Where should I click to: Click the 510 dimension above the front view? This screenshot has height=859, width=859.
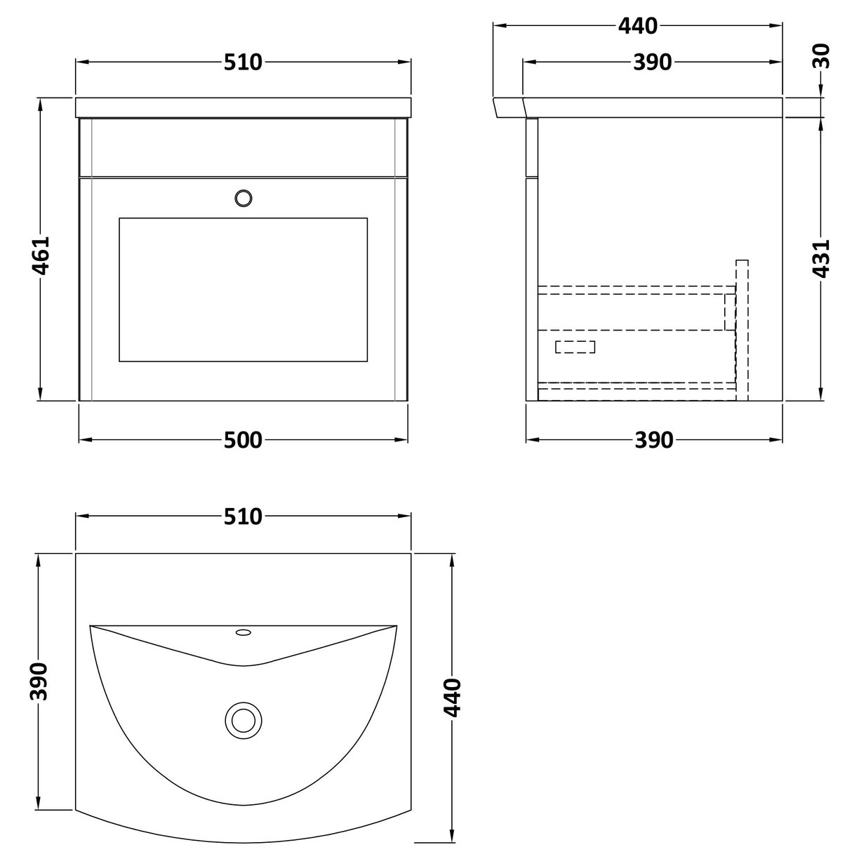point(243,62)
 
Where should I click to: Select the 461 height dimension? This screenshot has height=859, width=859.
point(41,256)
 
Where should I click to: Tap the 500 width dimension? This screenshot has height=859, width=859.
point(243,440)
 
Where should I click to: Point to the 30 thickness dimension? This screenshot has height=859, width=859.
point(823,55)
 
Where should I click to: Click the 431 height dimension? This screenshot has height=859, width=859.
point(821,259)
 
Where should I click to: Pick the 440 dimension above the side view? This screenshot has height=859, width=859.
point(637,26)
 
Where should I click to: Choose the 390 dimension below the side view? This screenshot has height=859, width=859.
point(653,440)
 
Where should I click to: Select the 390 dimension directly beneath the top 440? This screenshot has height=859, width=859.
point(653,62)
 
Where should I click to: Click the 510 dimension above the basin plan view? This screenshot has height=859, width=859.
point(243,517)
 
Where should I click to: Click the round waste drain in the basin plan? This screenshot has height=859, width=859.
point(243,720)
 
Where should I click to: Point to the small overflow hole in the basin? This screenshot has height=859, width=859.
point(244,633)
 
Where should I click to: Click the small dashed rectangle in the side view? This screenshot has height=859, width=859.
point(575,346)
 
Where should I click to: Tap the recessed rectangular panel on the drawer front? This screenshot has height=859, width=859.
point(243,289)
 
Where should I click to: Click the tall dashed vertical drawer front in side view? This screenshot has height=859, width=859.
point(742,330)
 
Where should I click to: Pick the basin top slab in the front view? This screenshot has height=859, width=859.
point(243,107)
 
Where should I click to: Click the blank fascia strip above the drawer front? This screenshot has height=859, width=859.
point(243,147)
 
